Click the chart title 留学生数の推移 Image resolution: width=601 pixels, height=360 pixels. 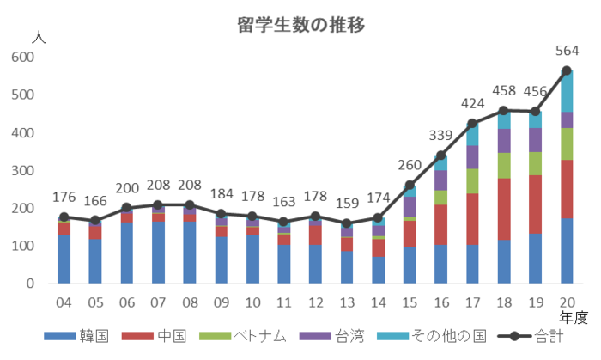[x=301, y=25]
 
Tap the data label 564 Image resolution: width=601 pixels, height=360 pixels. [x=567, y=51]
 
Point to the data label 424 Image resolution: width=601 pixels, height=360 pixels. [x=471, y=104]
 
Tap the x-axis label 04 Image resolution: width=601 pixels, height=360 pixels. [x=64, y=302]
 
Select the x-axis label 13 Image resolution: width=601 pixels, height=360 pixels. [x=346, y=302]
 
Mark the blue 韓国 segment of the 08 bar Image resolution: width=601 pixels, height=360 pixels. [x=189, y=253]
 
